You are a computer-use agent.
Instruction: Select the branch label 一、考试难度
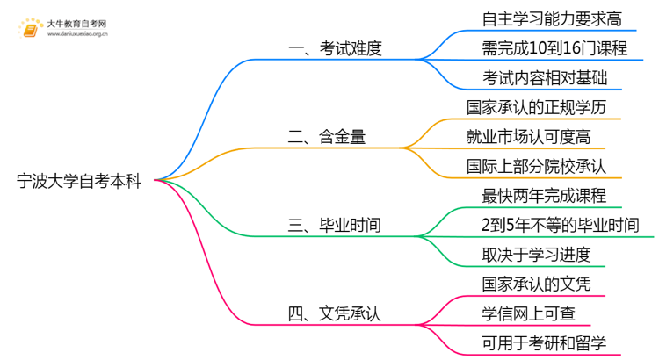coord(336,48)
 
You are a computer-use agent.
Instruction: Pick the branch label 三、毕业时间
coord(336,225)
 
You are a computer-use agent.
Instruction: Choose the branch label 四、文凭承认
coord(336,313)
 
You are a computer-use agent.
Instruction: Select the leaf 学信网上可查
coord(529,313)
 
